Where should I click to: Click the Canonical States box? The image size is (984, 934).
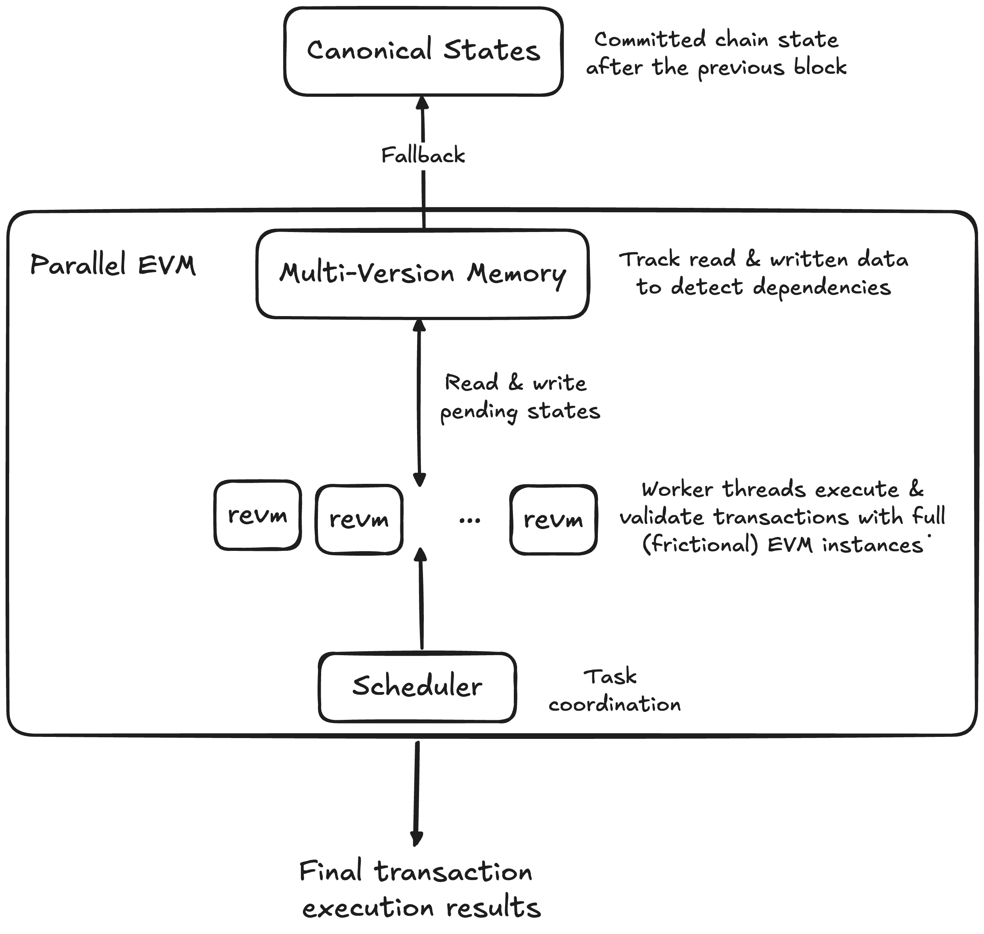423,51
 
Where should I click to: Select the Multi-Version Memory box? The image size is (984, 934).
423,274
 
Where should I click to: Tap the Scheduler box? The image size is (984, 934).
417,687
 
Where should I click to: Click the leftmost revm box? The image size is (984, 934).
257,515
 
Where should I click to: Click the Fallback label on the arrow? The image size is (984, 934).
423,156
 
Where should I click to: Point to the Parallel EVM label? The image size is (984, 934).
113,265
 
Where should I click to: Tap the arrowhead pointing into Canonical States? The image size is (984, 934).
423,103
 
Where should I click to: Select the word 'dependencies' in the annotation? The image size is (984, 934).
821,288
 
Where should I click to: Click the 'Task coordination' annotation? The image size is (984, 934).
614,690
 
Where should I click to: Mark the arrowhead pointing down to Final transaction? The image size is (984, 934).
417,838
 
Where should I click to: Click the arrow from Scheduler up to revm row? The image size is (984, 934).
421,602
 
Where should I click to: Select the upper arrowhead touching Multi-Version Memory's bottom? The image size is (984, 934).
419,326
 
